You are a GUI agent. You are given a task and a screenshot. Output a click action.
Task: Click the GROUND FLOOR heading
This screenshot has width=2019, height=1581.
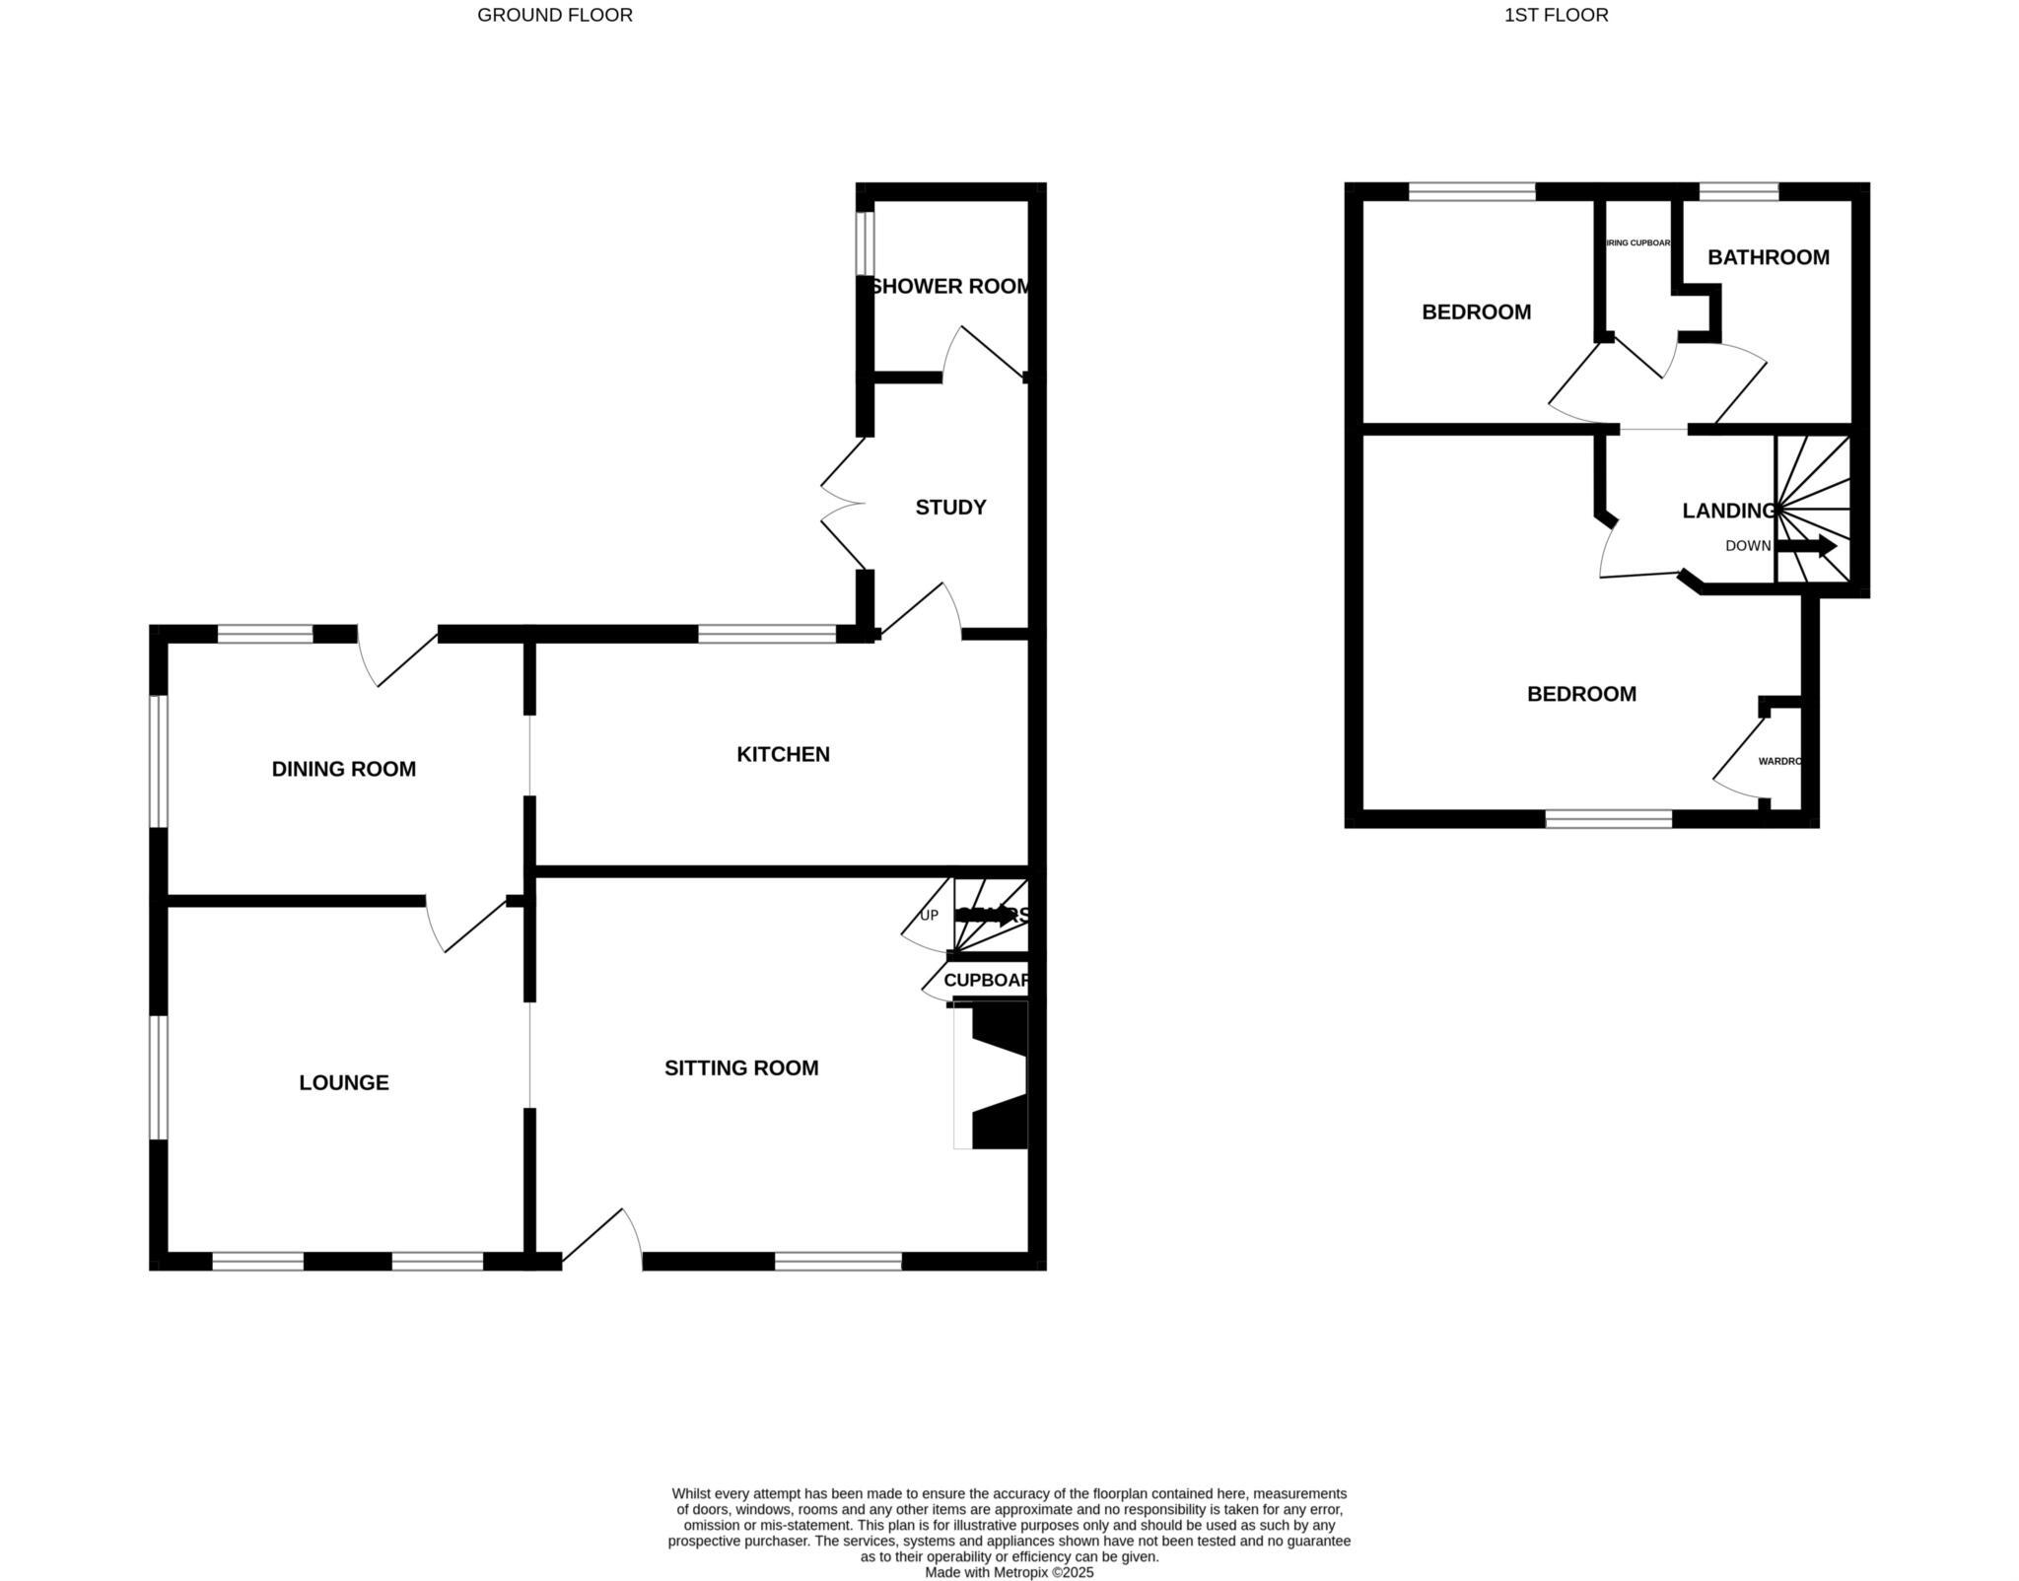pyautogui.click(x=555, y=15)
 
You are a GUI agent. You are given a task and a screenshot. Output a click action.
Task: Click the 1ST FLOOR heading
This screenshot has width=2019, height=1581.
pyautogui.click(x=1556, y=15)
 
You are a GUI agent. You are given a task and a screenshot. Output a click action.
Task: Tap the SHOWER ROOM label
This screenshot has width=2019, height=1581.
pyautogui.click(x=950, y=287)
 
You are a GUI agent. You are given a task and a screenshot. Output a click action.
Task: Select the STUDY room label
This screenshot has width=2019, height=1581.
pyautogui.click(x=950, y=508)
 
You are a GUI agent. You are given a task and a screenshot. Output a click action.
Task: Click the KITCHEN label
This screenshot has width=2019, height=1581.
pyautogui.click(x=783, y=755)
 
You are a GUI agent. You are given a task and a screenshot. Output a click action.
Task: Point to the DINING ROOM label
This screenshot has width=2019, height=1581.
pyautogui.click(x=343, y=769)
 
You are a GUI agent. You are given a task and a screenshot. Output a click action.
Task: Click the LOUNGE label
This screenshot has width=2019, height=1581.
pyautogui.click(x=343, y=1083)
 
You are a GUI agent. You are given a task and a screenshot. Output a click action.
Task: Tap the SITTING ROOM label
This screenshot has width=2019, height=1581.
pyautogui.click(x=741, y=1068)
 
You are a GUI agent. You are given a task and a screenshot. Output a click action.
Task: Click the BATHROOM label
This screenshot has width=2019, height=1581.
pyautogui.click(x=1768, y=257)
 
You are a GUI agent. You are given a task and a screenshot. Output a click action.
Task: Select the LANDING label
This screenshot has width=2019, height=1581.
pyautogui.click(x=1728, y=511)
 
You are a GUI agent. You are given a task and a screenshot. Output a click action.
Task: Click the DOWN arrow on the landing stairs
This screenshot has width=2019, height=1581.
pyautogui.click(x=1806, y=546)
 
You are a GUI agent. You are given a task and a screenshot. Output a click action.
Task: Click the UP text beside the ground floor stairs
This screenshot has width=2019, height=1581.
pyautogui.click(x=929, y=916)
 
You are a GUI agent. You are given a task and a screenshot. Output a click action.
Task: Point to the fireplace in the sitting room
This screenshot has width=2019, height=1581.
pyautogui.click(x=996, y=1075)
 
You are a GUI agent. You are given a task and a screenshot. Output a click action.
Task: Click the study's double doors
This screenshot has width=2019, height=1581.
pyautogui.click(x=843, y=504)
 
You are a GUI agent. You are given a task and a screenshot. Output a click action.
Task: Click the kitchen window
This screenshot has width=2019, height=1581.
pyautogui.click(x=767, y=635)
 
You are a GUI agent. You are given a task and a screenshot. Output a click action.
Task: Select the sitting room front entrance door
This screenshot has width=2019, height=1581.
pyautogui.click(x=602, y=1238)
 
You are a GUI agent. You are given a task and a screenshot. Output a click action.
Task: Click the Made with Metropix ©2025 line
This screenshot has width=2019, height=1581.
pyautogui.click(x=1009, y=1572)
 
